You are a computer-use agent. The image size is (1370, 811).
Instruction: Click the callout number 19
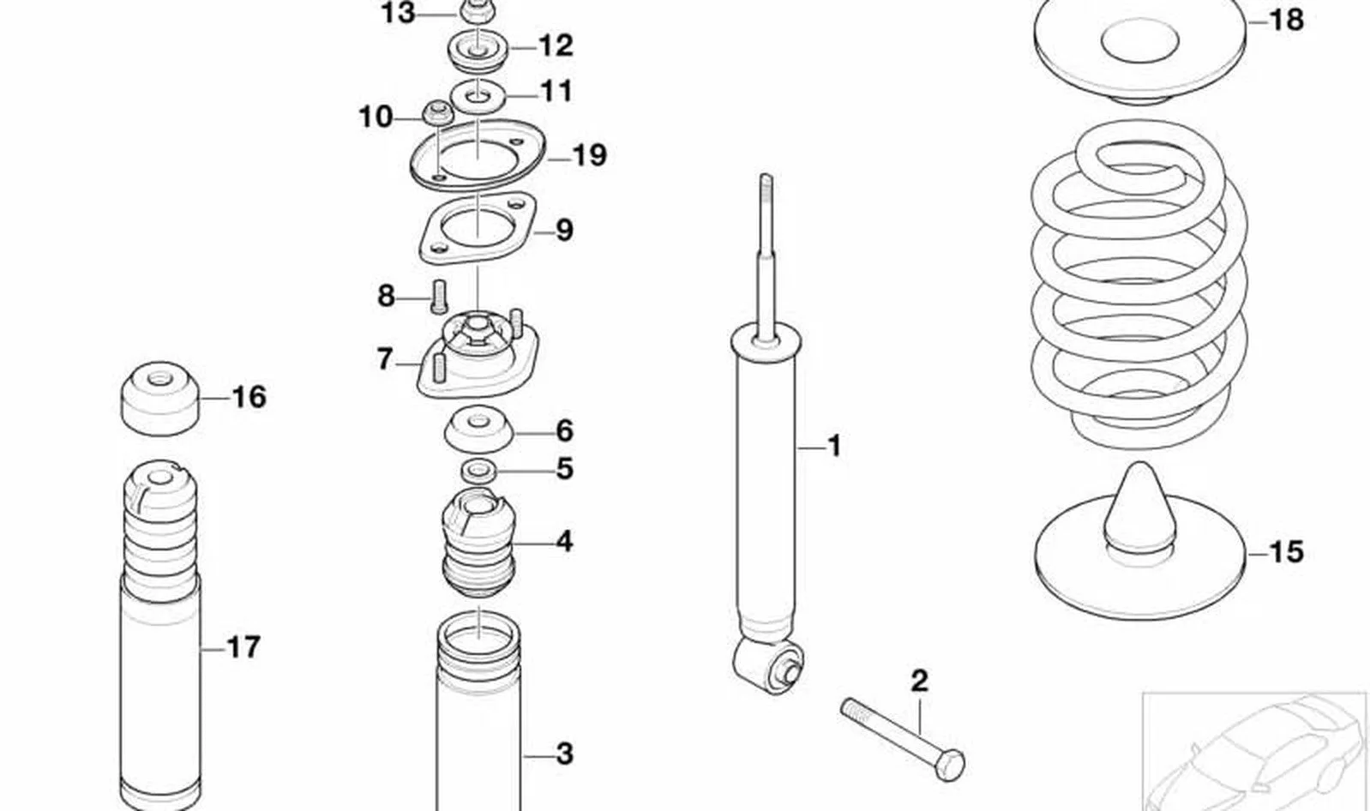[x=590, y=155]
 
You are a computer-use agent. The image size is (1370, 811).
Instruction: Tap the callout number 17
[x=243, y=646]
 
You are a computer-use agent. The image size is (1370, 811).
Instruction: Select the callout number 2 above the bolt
[x=919, y=682]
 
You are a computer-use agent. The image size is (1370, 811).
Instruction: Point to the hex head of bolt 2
[x=950, y=765]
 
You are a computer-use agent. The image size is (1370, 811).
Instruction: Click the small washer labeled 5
[x=478, y=471]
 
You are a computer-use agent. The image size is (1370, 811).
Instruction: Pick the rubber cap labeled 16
[x=161, y=398]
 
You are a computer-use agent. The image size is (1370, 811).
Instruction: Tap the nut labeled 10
[x=438, y=113]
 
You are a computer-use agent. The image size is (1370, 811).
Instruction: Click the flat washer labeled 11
[x=478, y=95]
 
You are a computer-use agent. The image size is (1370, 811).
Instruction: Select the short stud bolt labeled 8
[x=439, y=297]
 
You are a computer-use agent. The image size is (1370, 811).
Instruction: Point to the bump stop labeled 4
[x=479, y=543]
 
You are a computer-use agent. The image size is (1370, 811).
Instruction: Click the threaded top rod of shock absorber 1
[x=766, y=257]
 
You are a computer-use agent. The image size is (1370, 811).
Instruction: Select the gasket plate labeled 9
[x=478, y=228]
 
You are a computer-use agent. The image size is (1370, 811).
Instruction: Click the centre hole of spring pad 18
[x=1140, y=40]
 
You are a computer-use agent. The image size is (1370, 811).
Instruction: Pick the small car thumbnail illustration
[x=1254, y=753]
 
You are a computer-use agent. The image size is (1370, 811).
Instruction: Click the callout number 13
[x=398, y=13]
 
